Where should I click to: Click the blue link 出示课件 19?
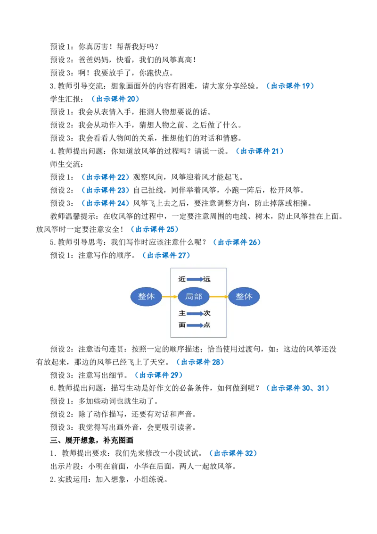pyautogui.click(x=290, y=86)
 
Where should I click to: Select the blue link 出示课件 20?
pyautogui.click(x=115, y=99)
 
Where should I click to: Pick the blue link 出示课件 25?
pyautogui.click(x=155, y=229)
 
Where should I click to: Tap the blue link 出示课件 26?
pyautogui.click(x=237, y=242)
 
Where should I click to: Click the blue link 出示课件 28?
pyautogui.click(x=200, y=362)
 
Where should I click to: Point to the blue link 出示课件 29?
pyautogui.click(x=159, y=375)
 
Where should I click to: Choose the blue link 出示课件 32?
pyautogui.click(x=233, y=453)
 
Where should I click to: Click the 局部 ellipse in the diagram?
pyautogui.click(x=194, y=296)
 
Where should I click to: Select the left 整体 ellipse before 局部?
pyautogui.click(x=146, y=296)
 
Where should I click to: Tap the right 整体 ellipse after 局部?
pyautogui.click(x=244, y=296)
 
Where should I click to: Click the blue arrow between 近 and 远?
pyautogui.click(x=195, y=279)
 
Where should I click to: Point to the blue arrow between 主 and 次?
pyautogui.click(x=195, y=313)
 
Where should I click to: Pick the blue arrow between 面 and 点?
pyautogui.click(x=195, y=325)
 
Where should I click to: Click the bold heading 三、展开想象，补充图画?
pyautogui.click(x=91, y=440)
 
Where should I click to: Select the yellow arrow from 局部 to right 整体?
pyautogui.click(x=219, y=297)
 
